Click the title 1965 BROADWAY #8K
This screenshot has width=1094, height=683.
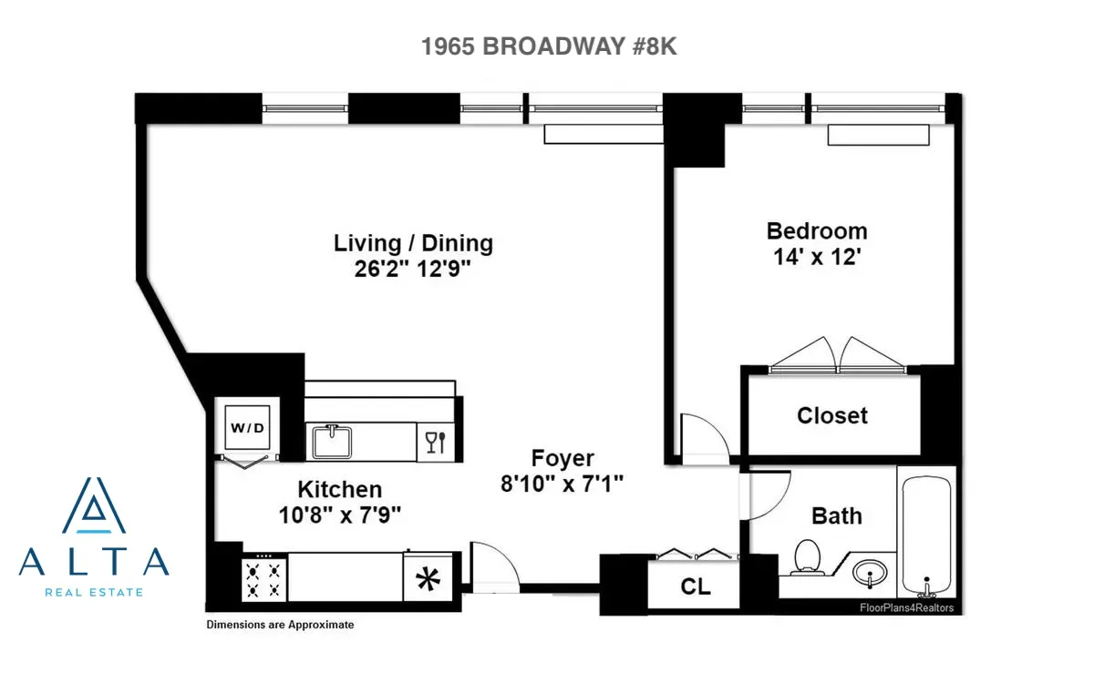[x=549, y=47]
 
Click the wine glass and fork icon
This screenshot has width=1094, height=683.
[x=435, y=442]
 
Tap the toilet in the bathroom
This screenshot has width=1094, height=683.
[x=806, y=556]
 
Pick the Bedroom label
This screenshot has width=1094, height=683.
[x=816, y=230]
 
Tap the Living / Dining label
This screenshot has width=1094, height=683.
[x=413, y=243]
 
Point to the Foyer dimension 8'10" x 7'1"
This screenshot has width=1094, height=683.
[x=562, y=484]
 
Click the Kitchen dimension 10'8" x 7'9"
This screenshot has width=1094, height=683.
[x=339, y=515]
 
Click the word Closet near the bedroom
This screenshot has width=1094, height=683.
[x=831, y=416]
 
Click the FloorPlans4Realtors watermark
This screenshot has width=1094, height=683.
[x=906, y=607]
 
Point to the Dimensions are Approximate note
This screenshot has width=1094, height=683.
[x=280, y=625]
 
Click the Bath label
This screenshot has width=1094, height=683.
[x=836, y=516]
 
